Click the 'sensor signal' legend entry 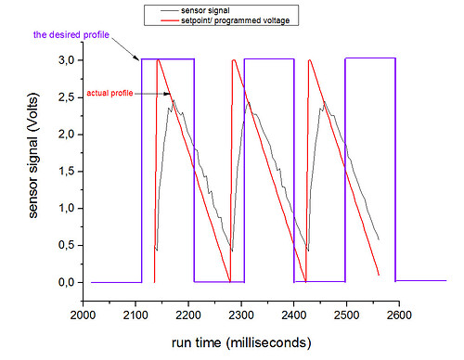click(206, 8)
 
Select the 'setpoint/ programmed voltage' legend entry click(238, 19)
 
